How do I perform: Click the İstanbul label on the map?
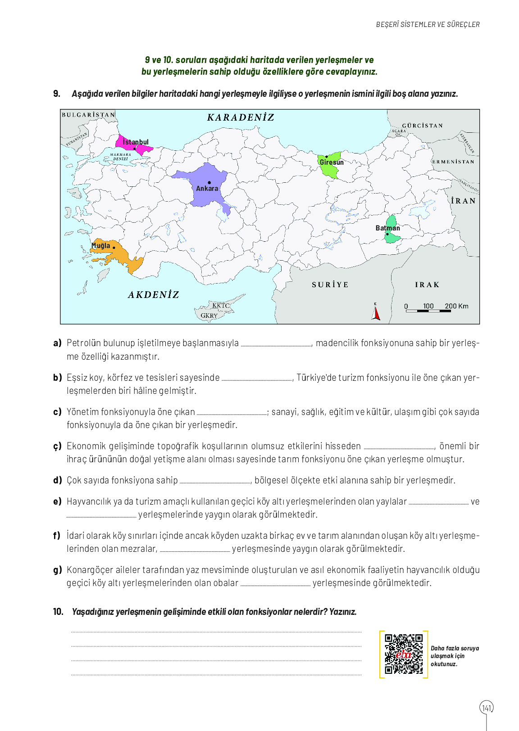point(136,142)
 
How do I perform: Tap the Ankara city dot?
point(209,182)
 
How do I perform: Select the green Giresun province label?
point(332,162)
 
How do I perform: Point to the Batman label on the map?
point(387,228)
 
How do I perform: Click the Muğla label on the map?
point(101,246)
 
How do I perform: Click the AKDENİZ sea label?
point(154,295)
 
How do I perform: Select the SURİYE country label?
point(330,285)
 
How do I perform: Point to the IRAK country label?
point(427,285)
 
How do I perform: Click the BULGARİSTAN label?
point(88,115)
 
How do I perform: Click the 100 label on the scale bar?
point(428,306)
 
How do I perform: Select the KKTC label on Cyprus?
point(221,306)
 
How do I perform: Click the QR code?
point(404,654)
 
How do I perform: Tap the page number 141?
point(487,708)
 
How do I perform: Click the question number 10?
point(59,612)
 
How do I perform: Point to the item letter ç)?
point(57,446)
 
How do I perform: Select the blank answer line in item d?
point(215,482)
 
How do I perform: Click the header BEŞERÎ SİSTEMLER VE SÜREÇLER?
point(428,25)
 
